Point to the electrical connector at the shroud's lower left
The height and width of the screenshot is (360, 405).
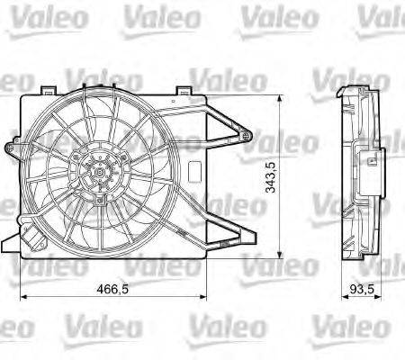point(36,242)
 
